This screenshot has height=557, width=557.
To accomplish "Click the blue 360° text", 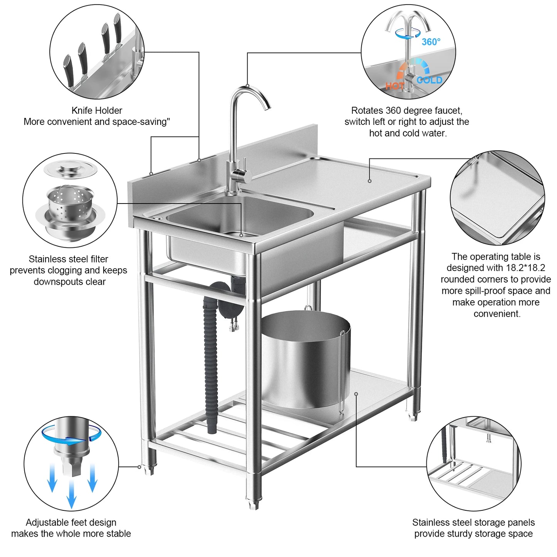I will [x=431, y=42].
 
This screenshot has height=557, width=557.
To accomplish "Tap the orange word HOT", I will [x=394, y=86].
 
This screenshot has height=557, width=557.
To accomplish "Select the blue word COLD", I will [x=429, y=80].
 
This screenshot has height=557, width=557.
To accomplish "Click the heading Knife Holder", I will [x=97, y=111].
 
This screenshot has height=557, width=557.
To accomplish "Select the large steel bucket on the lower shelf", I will [x=305, y=358].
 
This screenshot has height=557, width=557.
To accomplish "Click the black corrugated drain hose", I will [x=211, y=366].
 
